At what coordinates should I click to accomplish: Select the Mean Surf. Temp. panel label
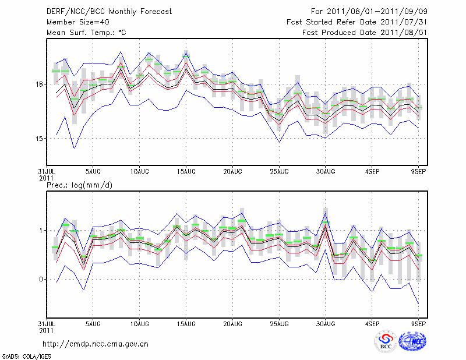[x=86, y=33]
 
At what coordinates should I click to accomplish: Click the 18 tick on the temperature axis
[x=38, y=84]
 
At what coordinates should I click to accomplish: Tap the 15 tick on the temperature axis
[x=38, y=139]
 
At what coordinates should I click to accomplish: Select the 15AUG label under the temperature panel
[x=186, y=172]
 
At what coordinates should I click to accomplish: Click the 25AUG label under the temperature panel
[x=279, y=172]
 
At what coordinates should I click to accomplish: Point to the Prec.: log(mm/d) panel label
[x=78, y=186]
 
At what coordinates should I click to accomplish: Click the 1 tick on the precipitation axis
[x=41, y=231]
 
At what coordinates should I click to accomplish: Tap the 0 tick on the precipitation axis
[x=41, y=280]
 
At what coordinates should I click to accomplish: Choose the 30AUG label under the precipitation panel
[x=326, y=323]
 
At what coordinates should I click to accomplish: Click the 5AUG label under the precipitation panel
[x=93, y=323]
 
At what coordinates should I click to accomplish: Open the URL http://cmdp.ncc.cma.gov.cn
[x=96, y=344]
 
